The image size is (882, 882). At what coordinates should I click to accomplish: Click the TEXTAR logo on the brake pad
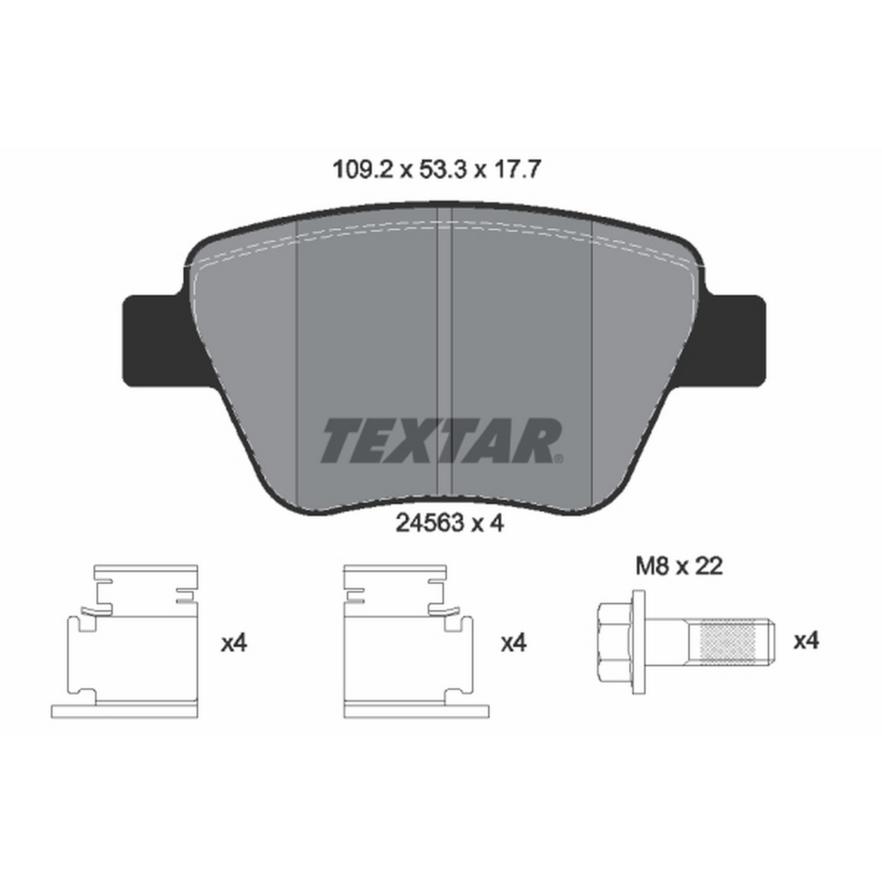click(441, 441)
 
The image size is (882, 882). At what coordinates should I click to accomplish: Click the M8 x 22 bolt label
click(679, 567)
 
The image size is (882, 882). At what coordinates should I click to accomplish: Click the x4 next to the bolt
click(806, 641)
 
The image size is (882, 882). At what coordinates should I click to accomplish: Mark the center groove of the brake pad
click(444, 347)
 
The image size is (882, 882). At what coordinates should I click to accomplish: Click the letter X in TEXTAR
click(427, 441)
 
